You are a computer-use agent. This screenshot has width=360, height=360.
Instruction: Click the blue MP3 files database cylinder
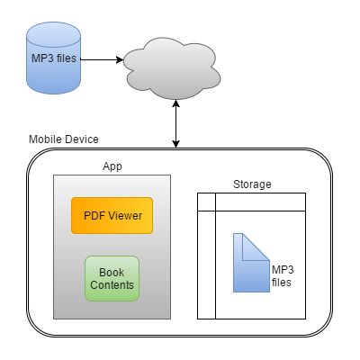coord(53,58)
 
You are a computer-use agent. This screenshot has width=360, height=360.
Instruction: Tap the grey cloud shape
coord(172,68)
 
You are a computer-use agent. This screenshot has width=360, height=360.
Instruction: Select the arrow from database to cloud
coord(102,59)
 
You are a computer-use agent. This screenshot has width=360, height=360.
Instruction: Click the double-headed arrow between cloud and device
coord(176,124)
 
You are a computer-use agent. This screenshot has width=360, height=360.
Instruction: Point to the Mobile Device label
coord(64,139)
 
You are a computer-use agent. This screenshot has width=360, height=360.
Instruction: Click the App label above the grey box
coord(112,166)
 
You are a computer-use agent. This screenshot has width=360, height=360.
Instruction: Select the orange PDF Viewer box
coord(112,215)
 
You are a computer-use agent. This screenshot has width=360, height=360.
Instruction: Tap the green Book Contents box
coord(112,278)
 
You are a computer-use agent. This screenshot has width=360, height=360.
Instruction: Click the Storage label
coord(252,184)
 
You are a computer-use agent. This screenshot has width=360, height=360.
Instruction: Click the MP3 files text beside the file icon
coord(283,276)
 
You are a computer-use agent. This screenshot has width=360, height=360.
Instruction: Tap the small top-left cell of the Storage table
coord(206,202)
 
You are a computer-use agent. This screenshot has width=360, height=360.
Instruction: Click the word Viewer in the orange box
coord(125,216)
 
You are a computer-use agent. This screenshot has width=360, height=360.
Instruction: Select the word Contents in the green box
coord(112,285)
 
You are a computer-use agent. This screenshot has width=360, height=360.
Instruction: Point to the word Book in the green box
coord(112,273)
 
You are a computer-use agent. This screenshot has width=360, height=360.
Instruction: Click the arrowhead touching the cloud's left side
coord(120,59)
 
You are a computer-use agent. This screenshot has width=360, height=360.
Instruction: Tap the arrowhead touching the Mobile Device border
coord(176,144)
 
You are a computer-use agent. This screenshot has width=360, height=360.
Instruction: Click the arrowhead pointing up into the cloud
coord(176,103)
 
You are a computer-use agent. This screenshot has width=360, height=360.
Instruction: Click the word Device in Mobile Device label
coord(82,139)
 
